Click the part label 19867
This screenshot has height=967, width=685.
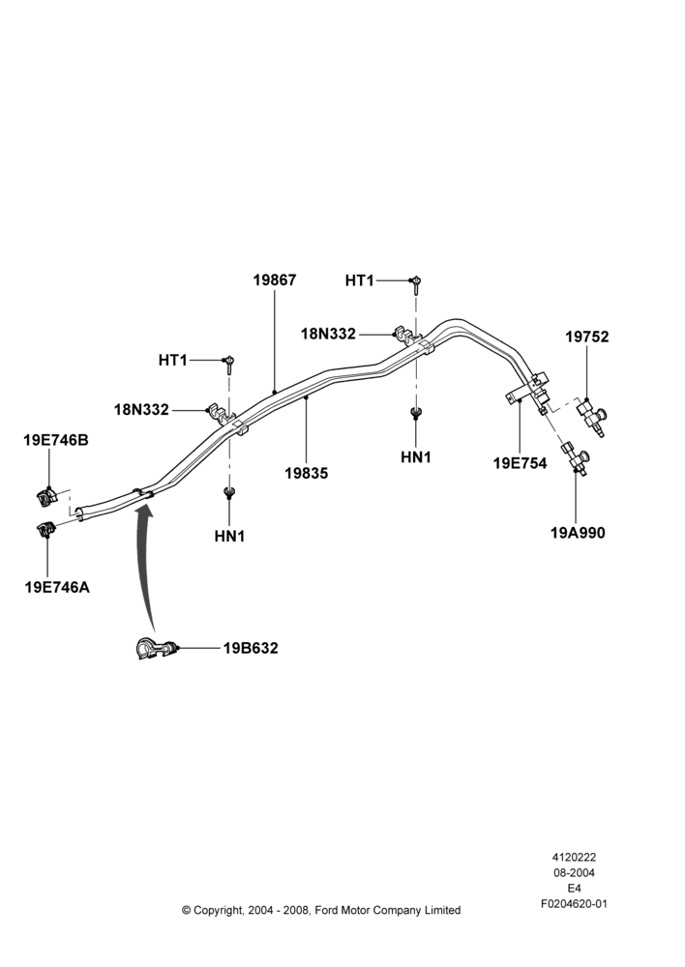click(275, 280)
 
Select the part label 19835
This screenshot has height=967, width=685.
click(306, 474)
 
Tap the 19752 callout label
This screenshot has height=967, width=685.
click(587, 337)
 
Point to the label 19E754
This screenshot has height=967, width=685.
click(520, 462)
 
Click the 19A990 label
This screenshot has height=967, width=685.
click(578, 532)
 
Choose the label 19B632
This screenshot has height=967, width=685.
click(251, 648)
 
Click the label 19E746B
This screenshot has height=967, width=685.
click(56, 440)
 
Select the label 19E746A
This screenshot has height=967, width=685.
click(57, 587)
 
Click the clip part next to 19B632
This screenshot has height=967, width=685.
click(156, 649)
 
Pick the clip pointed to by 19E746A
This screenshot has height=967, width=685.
click(46, 529)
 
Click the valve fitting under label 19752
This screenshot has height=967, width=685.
click(593, 417)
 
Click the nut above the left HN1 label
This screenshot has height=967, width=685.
click(229, 492)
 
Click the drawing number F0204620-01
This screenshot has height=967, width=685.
click(574, 904)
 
